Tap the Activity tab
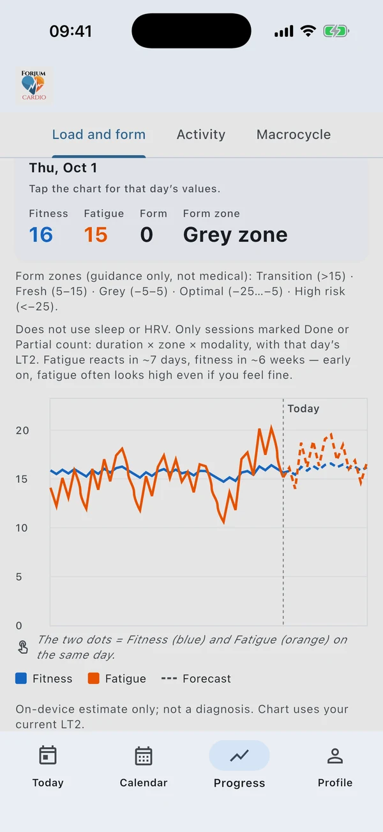point(201,135)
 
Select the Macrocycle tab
point(294,135)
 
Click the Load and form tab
point(99,135)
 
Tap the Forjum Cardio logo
point(34,85)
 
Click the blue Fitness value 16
point(41,235)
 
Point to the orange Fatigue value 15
point(96,235)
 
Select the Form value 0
point(146,235)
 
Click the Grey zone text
point(235,235)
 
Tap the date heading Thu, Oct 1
point(63,168)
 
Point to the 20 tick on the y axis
point(22,431)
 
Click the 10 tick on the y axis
point(22,528)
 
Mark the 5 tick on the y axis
point(19,577)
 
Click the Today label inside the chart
point(303,408)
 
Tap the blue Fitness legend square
point(21,678)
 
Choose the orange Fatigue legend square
point(94,678)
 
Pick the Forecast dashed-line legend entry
point(196,679)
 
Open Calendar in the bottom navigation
point(144,767)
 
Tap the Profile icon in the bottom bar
point(335,756)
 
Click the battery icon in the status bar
point(336,31)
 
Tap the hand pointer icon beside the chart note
point(23,647)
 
